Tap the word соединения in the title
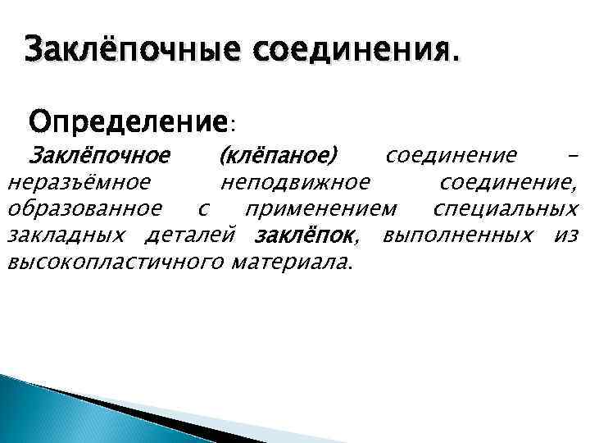pos(357,53)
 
